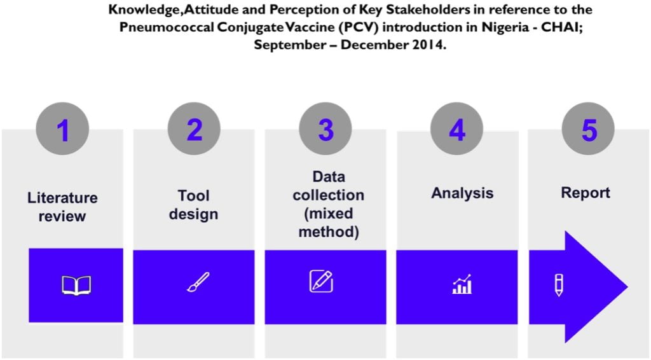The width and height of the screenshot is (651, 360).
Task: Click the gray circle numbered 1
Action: click(62, 130)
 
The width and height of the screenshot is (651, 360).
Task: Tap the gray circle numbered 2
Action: click(194, 130)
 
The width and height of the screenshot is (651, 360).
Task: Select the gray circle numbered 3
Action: click(325, 130)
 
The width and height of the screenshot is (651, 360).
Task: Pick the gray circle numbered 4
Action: click(456, 130)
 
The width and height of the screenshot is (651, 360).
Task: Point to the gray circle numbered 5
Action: click(589, 130)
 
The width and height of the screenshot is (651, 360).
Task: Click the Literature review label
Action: click(62, 207)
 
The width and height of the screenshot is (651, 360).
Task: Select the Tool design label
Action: click(193, 205)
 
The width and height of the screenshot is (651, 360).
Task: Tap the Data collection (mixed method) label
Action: click(328, 204)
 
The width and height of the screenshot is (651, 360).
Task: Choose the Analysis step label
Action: click(462, 193)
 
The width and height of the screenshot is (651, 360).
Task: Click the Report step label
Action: click(585, 193)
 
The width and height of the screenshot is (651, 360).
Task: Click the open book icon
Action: click(76, 285)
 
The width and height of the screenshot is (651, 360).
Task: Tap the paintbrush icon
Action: click(198, 282)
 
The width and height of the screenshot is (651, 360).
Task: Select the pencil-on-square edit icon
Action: click(321, 281)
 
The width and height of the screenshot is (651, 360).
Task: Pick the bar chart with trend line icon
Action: click(462, 284)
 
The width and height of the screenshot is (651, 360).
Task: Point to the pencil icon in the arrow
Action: click(559, 285)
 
